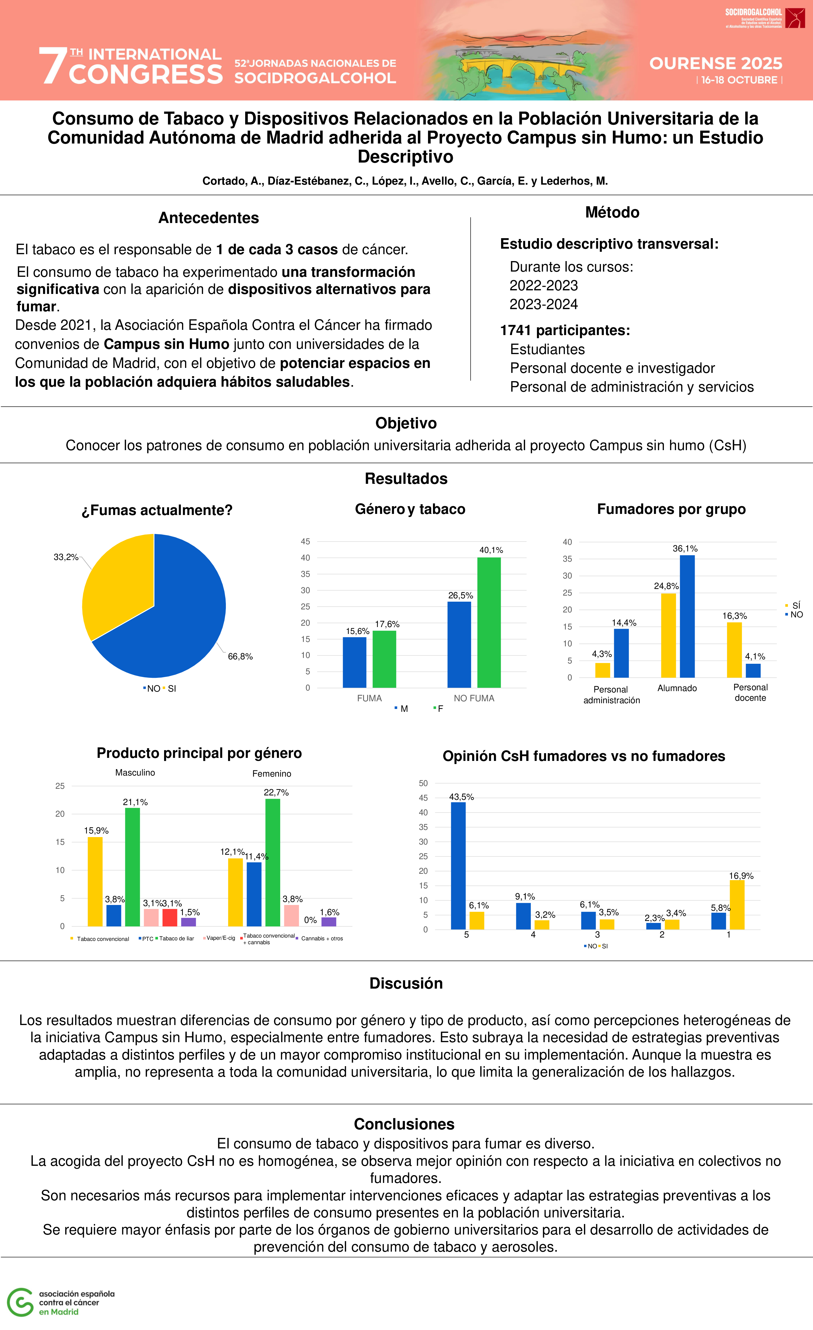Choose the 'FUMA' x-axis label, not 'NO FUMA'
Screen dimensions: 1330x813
click(369, 698)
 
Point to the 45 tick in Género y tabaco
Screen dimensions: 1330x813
click(305, 541)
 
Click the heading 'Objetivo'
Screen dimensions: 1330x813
click(406, 423)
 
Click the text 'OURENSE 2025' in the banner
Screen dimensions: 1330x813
click(715, 64)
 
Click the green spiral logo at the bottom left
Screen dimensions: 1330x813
click(20, 1302)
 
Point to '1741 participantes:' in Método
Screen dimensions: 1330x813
click(565, 330)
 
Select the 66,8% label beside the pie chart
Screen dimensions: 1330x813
click(240, 656)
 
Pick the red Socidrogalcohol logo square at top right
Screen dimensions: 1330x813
click(795, 18)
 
